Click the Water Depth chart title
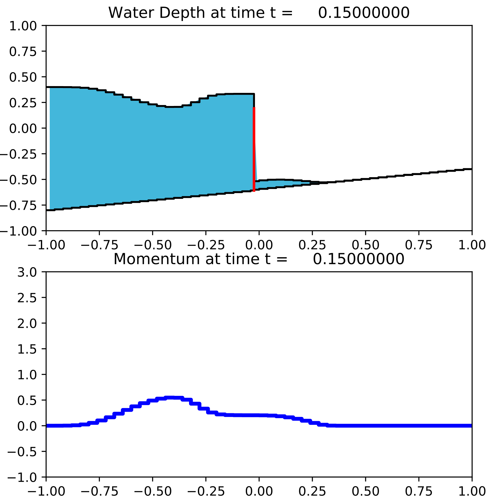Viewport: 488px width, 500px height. [259, 13]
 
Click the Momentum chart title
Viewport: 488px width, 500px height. [259, 259]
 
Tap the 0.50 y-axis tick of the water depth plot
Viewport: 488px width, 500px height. [23, 77]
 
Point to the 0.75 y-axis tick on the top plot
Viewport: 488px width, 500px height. [23, 51]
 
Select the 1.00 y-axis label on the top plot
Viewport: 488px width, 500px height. [23, 26]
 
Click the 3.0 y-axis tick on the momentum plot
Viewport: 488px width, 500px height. [27, 272]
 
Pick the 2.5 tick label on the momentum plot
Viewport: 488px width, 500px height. [27, 297]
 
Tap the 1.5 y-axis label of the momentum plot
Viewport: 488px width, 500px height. [27, 349]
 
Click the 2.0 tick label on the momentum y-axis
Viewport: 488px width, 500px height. [27, 323]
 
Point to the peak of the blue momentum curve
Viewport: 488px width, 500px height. [170, 398]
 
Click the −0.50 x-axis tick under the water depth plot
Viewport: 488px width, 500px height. [153, 245]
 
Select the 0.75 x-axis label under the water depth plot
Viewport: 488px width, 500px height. [419, 245]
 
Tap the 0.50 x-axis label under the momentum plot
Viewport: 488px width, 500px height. [366, 491]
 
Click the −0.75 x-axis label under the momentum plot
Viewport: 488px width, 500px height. [99, 491]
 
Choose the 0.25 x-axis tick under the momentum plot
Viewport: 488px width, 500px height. [312, 491]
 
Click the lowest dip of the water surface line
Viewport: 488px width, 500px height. [170, 107]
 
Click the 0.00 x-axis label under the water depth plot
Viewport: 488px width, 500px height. [259, 245]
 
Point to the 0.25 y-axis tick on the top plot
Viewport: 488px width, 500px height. [23, 103]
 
